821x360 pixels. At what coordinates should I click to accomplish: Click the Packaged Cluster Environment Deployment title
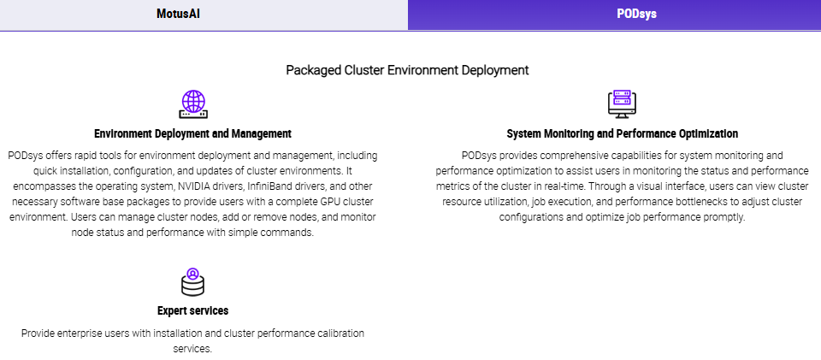click(x=407, y=70)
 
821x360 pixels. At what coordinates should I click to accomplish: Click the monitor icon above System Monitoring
click(x=622, y=104)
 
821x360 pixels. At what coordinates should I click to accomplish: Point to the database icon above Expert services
click(x=192, y=281)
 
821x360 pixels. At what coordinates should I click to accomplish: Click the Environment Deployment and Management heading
click(x=192, y=133)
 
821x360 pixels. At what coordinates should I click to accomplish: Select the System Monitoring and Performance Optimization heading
click(x=622, y=133)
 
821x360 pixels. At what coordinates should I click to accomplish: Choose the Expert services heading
click(x=192, y=310)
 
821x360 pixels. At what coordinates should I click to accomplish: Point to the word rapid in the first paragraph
click(x=84, y=156)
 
